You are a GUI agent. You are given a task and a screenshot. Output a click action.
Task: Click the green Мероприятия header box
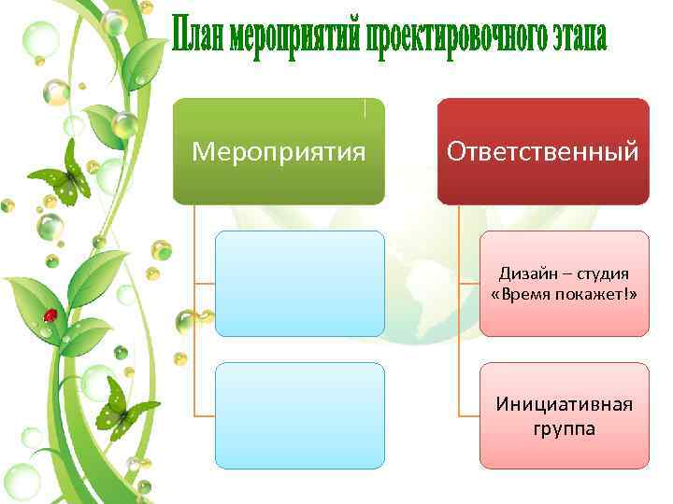279,151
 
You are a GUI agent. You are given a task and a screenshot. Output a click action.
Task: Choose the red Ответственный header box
543,151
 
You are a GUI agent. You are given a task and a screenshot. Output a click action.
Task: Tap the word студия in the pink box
598,274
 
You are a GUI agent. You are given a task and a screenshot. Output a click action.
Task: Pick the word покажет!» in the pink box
597,295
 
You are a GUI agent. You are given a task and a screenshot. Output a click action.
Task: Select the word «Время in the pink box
523,295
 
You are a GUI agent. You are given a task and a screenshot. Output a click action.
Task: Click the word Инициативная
564,404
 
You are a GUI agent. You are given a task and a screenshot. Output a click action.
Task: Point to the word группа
564,428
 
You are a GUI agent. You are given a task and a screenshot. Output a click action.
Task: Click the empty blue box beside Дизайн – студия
299,284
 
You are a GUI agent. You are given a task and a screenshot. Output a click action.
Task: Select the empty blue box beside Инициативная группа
299,415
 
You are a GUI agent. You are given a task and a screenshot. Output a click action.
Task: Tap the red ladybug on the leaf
50,315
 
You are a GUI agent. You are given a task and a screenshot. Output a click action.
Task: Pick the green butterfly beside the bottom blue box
124,408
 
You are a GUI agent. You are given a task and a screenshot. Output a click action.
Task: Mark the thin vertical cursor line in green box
365,107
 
